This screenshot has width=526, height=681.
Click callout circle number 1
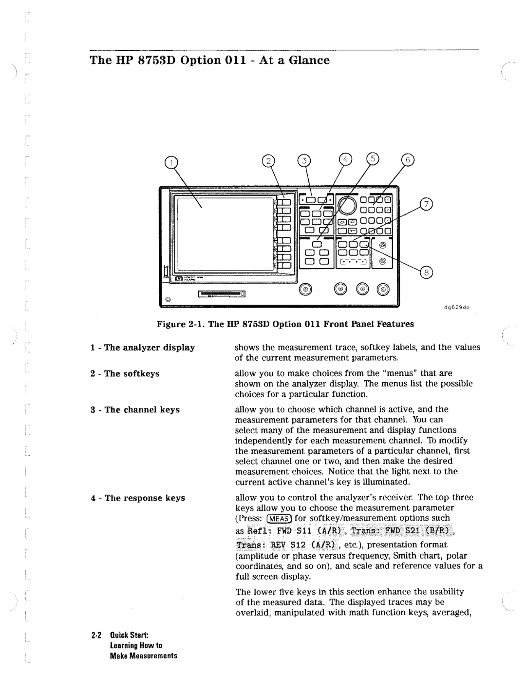(171, 162)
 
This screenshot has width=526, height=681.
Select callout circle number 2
(268, 161)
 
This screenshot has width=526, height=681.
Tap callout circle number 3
(304, 161)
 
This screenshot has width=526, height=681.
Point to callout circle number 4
(345, 159)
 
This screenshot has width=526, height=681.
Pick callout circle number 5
(373, 158)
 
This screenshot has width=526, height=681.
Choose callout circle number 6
(408, 160)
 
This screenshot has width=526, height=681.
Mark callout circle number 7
(426, 204)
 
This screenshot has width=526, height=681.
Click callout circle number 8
(426, 272)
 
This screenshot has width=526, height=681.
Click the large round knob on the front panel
(347, 205)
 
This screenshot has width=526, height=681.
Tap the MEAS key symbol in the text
(279, 519)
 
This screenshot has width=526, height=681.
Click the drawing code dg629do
(457, 308)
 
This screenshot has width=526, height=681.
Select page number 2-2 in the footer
(96, 635)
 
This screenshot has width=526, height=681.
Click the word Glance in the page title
(309, 60)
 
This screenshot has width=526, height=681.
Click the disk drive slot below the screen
(222, 293)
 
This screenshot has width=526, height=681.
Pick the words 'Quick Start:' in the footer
(129, 635)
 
